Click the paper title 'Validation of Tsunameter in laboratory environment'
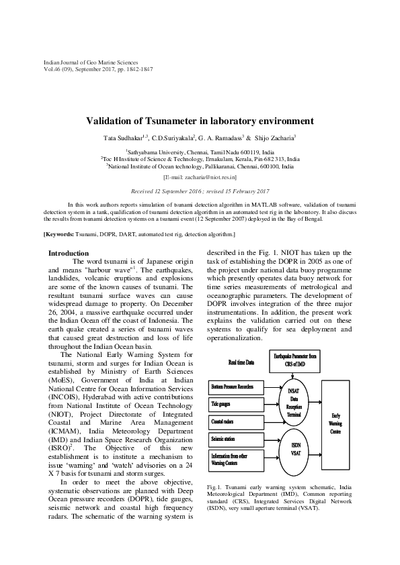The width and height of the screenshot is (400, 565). point(200,121)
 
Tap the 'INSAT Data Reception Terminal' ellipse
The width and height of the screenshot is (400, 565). point(294,402)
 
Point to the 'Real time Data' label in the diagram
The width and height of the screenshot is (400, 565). point(241,362)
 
